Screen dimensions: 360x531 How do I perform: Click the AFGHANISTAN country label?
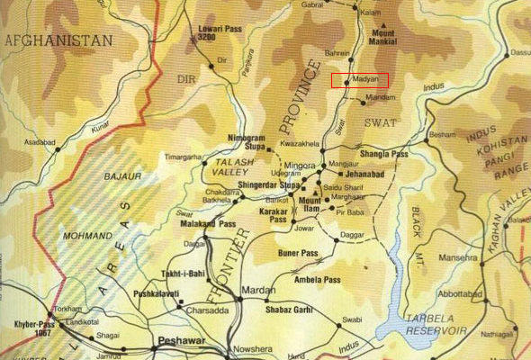point(58,40)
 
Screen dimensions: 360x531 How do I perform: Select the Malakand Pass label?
point(208,223)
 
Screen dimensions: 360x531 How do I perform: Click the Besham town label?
point(444,134)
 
